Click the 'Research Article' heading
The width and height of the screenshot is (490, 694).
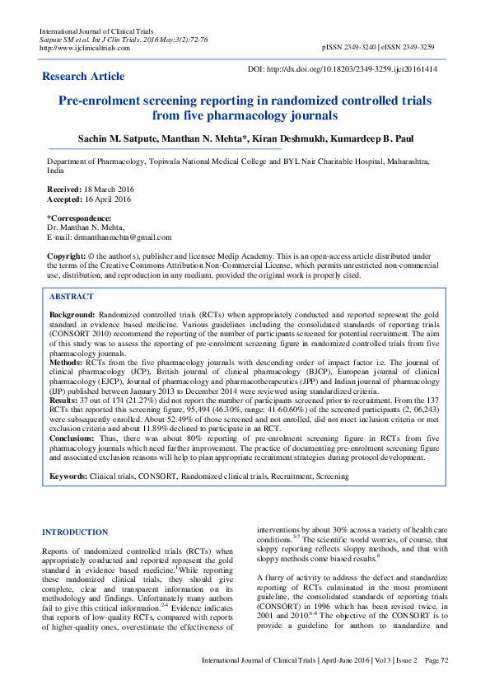pos(84,76)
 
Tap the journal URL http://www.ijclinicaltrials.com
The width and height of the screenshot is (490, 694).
pos(85,47)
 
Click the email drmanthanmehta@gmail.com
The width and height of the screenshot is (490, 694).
pos(122,237)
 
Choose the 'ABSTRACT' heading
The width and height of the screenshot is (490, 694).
pos(72,296)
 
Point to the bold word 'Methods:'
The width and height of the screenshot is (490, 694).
pos(67,361)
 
